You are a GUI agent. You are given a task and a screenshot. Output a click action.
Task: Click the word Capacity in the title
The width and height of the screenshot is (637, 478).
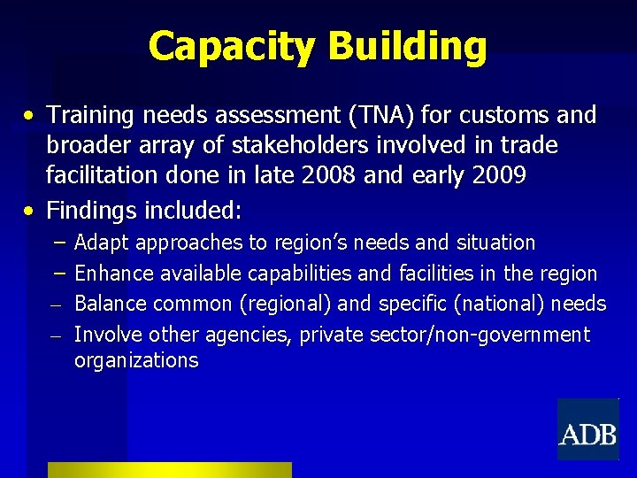[x=226, y=46]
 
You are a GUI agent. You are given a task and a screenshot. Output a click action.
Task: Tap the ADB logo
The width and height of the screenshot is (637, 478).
[x=587, y=430]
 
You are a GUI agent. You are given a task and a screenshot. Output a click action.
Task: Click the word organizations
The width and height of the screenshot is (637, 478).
[x=136, y=361]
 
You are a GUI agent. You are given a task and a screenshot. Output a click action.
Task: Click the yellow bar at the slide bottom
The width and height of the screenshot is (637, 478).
[x=169, y=470]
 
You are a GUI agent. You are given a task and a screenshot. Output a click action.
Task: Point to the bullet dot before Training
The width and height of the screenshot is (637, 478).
[x=30, y=116]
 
